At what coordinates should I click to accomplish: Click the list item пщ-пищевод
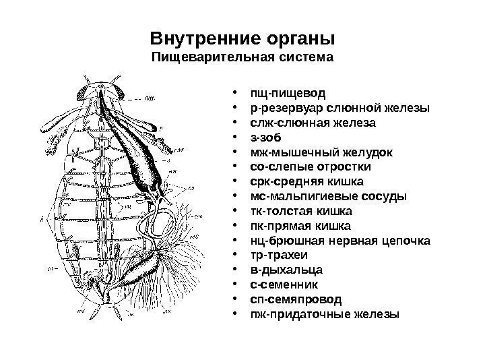[x=286, y=93]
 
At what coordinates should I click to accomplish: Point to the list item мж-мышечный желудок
[x=321, y=151]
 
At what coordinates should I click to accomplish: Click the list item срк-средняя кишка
[x=306, y=181]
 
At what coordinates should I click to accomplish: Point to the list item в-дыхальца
[x=286, y=270]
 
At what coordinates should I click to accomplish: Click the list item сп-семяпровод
[x=295, y=299]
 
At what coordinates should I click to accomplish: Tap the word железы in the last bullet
[x=380, y=315]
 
